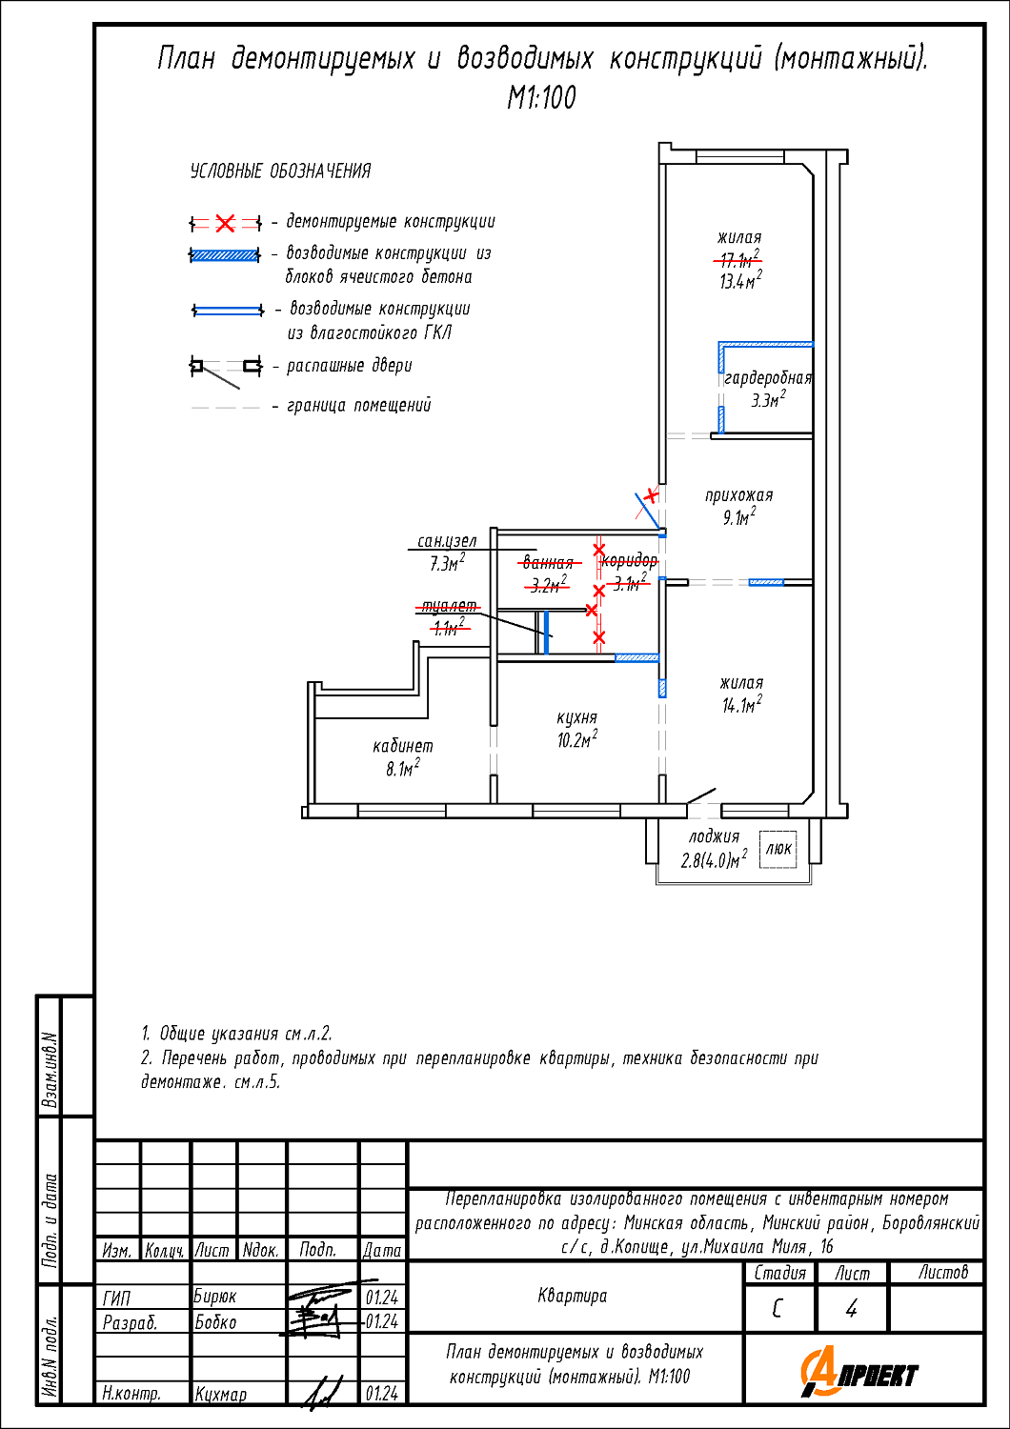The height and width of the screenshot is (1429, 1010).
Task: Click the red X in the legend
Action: (225, 223)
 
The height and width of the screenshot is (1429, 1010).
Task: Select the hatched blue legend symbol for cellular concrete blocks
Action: (225, 255)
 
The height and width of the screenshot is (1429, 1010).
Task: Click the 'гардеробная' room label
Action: (768, 377)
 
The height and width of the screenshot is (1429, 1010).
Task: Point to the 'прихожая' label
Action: (738, 494)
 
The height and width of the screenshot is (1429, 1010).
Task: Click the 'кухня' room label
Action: (576, 717)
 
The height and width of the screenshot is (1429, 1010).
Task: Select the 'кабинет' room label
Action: (403, 745)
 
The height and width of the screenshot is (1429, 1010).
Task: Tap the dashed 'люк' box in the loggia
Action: (778, 849)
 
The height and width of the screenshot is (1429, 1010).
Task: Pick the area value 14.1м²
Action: (741, 704)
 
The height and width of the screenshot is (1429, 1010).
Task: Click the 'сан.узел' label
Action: (447, 541)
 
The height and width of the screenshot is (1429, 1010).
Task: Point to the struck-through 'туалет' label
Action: (449, 605)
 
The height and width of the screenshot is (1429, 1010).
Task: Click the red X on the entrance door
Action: (651, 494)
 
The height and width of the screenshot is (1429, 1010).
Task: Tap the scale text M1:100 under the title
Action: (542, 97)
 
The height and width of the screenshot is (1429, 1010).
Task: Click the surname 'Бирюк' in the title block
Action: (215, 1297)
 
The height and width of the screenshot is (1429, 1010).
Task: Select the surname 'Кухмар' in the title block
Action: (220, 1394)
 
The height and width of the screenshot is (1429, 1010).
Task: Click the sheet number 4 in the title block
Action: (851, 1309)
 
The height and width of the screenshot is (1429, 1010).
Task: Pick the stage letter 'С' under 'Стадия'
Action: (777, 1309)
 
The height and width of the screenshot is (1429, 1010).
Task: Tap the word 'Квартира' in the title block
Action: (573, 1297)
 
